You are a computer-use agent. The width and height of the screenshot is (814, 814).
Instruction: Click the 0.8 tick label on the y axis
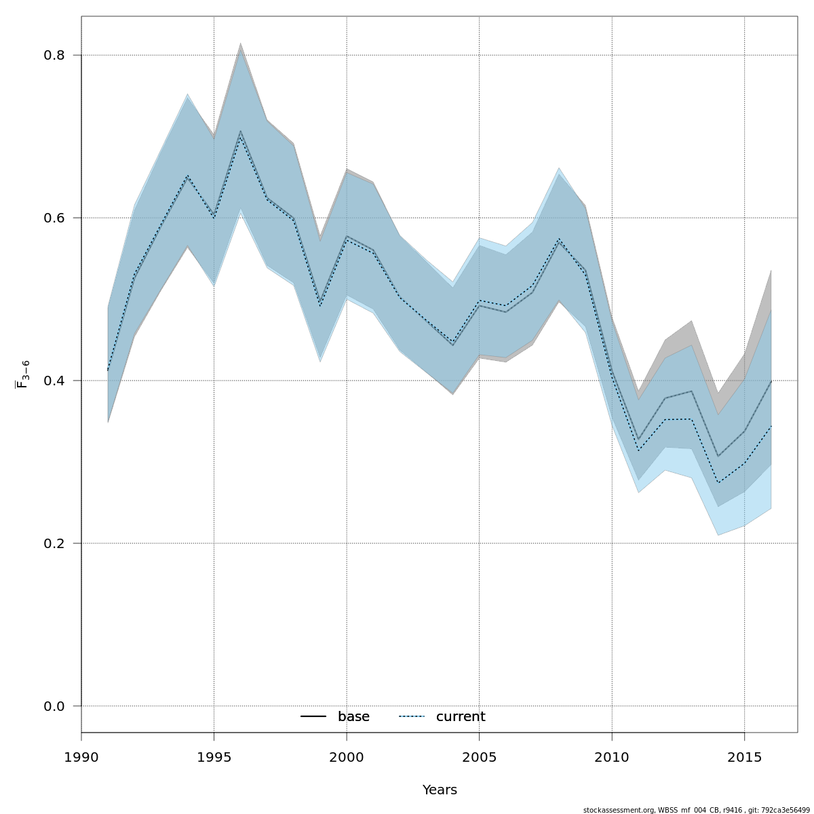[x=54, y=55]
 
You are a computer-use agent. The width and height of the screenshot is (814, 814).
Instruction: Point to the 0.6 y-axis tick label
[x=54, y=218]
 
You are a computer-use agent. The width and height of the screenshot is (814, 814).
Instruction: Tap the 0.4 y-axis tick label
[x=54, y=381]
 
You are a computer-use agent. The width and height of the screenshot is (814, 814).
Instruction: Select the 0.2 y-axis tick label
[x=54, y=543]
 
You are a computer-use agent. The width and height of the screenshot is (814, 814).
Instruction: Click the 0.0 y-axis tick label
[x=54, y=706]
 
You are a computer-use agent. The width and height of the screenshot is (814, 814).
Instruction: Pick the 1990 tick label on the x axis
[x=81, y=756]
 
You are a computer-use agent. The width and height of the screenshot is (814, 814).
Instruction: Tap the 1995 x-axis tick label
[x=214, y=756]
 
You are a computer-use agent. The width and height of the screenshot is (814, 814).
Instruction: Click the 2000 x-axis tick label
[x=347, y=756]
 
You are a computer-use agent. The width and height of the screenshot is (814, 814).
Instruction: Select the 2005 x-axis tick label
[x=479, y=756]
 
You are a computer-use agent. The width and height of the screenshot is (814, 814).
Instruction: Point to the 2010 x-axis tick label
[x=612, y=756]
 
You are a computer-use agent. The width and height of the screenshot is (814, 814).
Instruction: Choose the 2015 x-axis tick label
[x=744, y=756]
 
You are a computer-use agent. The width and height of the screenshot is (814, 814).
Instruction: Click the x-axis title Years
[x=440, y=790]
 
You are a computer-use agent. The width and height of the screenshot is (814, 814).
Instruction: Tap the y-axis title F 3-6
[x=22, y=374]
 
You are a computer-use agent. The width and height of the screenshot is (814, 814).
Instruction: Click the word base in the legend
[x=353, y=717]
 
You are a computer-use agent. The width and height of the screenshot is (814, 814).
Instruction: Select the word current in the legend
[x=461, y=717]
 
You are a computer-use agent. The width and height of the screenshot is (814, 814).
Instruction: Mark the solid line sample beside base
[x=313, y=717]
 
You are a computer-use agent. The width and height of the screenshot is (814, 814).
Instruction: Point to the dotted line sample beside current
[x=412, y=717]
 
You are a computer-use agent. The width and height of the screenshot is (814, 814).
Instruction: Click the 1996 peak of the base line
[x=240, y=131]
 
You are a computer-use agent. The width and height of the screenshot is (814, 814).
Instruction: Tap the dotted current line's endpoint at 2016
[x=771, y=426]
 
